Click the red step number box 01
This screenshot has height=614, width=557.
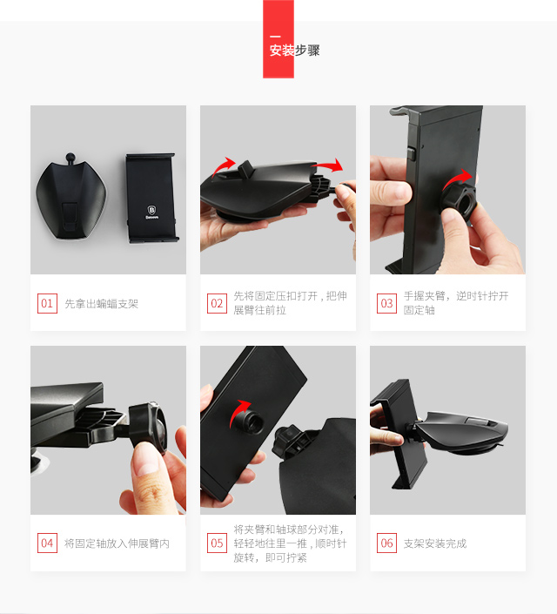(47, 303)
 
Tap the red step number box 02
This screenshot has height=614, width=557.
(217, 303)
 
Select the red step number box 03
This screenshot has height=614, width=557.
(386, 303)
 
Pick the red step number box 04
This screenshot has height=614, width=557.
(47, 543)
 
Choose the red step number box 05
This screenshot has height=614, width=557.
(217, 543)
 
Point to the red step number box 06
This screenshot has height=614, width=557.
(386, 543)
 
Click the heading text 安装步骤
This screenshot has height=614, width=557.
(294, 51)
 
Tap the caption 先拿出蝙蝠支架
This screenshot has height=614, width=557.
(101, 303)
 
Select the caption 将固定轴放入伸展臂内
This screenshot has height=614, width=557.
(117, 543)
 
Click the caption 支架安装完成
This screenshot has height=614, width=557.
(435, 543)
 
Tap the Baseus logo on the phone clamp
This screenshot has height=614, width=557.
(152, 212)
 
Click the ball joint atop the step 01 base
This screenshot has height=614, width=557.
(70, 158)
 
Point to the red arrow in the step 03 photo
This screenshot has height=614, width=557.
(456, 179)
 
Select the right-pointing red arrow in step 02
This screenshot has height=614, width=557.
(328, 165)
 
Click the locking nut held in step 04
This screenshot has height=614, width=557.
(148, 428)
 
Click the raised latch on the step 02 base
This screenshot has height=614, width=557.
(246, 168)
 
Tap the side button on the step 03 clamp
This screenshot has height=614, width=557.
(411, 153)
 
